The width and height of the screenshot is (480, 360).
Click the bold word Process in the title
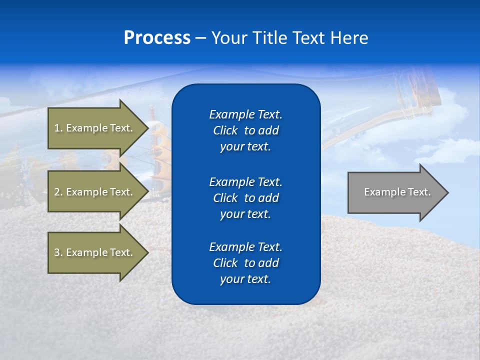tap(157, 38)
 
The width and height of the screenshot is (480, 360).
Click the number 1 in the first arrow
tap(57, 128)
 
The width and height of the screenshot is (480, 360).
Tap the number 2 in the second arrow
tap(57, 192)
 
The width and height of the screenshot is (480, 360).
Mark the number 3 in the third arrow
tap(57, 252)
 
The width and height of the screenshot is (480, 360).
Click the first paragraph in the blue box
tap(245, 130)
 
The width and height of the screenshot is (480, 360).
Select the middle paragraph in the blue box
tap(245, 197)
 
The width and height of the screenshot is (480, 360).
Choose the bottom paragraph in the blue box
tap(245, 263)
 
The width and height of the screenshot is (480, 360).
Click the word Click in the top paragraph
tap(225, 130)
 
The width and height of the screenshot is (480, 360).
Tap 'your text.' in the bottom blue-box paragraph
tap(245, 279)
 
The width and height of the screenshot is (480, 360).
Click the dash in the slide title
tap(200, 38)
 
